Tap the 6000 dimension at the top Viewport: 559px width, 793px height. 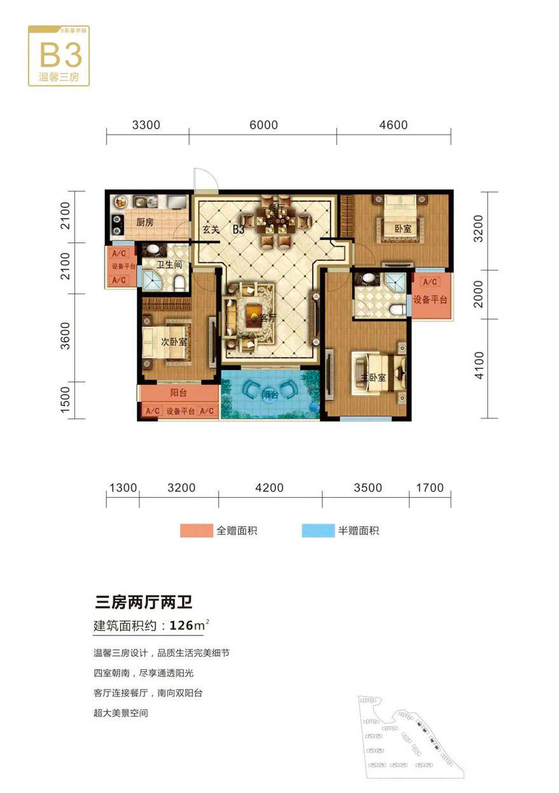coord(264,125)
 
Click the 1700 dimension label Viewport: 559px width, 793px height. coord(429,488)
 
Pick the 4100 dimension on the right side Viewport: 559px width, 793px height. coord(480,367)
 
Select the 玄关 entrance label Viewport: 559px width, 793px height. coord(211,230)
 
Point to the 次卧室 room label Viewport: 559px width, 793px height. coord(174,342)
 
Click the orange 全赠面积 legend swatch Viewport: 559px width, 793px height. coord(196,531)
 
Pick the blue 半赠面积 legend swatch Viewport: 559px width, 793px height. coord(318,531)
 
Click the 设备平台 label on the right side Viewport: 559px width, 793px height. coord(430,300)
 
